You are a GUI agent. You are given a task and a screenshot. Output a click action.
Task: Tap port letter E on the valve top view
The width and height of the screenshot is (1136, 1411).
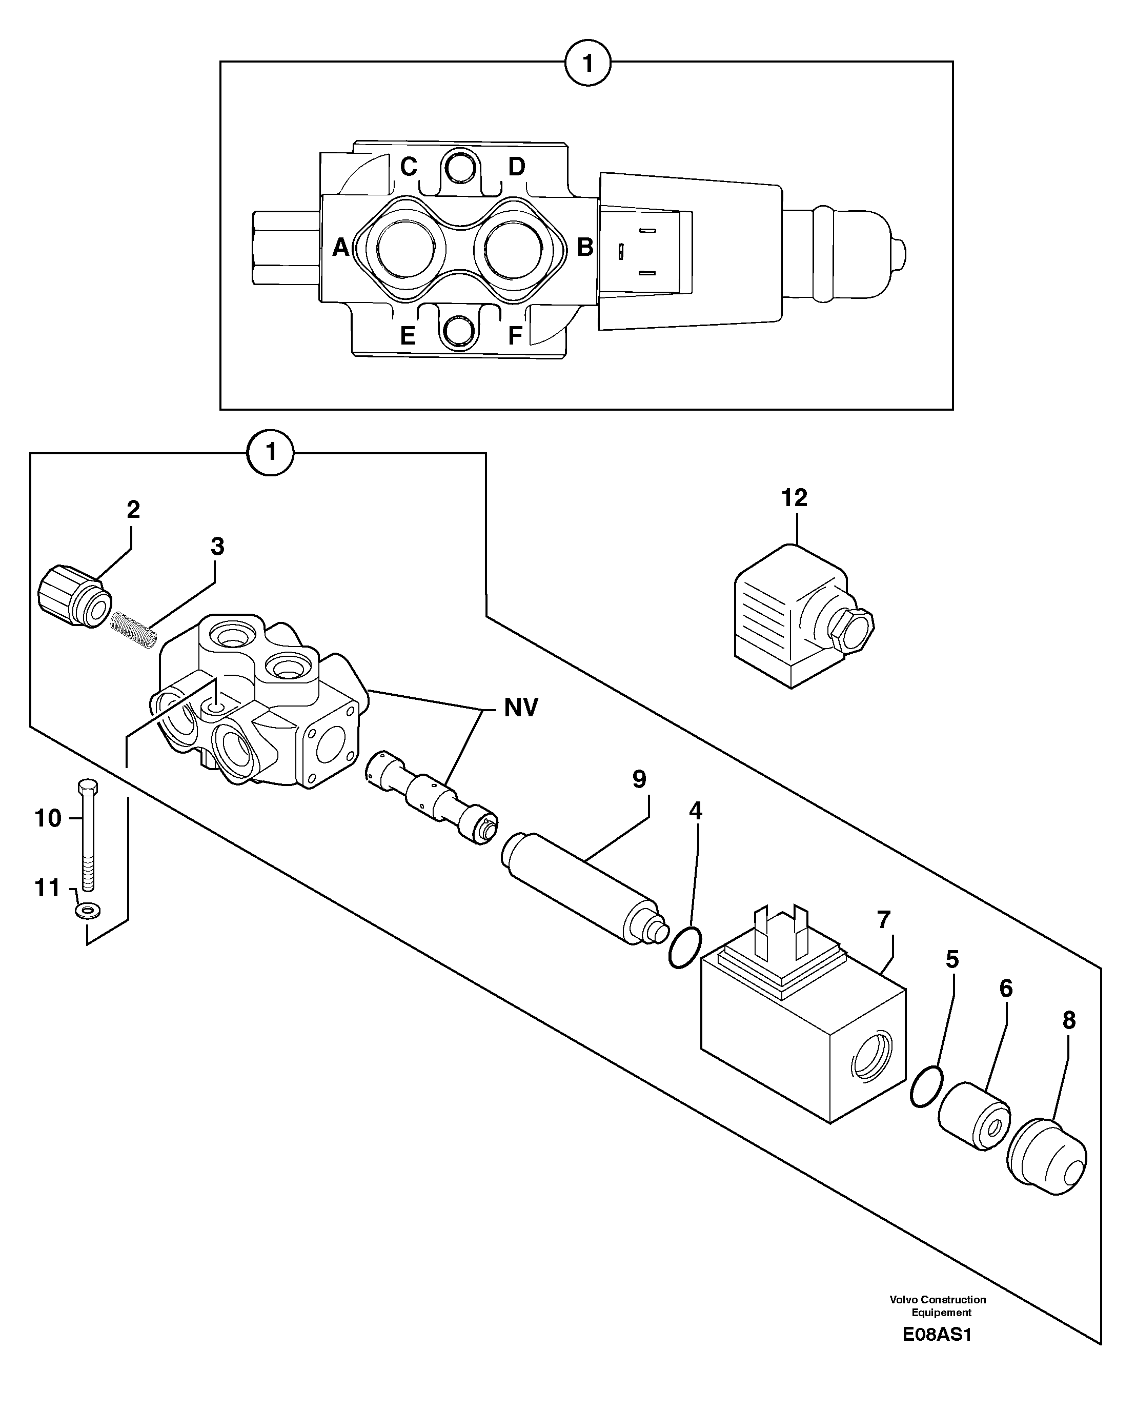click(408, 336)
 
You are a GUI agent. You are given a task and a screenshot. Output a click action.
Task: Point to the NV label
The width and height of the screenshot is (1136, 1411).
click(521, 708)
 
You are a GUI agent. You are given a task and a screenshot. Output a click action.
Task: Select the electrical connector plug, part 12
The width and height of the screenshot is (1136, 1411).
click(798, 618)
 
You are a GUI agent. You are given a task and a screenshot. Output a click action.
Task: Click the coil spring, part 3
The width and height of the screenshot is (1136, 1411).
click(133, 630)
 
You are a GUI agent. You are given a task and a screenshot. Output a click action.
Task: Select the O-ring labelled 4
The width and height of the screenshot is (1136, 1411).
click(685, 947)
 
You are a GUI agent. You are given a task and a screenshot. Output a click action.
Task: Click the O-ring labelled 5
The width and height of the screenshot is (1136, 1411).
click(926, 1086)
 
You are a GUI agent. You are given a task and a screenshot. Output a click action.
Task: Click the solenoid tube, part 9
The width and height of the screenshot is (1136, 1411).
click(582, 887)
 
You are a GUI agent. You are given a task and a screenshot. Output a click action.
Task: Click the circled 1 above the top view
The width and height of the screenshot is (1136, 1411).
click(587, 64)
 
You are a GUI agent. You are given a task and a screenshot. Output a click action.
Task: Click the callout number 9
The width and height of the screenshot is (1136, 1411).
click(639, 779)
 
